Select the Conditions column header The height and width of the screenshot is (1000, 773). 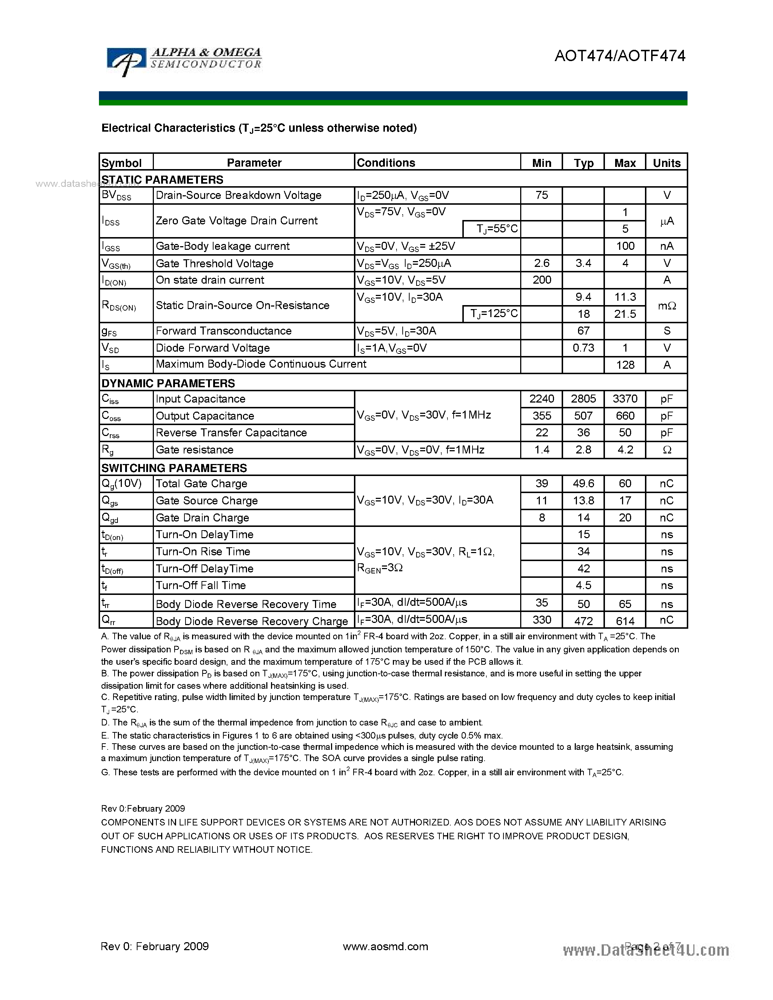[386, 163]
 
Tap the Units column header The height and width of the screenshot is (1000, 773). [666, 163]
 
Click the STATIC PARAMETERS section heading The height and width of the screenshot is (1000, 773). [162, 180]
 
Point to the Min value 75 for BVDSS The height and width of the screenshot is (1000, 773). [541, 195]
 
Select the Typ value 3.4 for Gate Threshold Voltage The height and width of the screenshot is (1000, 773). [583, 263]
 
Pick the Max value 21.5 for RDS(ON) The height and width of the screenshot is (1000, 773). [625, 314]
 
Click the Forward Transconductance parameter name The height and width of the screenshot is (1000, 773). [223, 331]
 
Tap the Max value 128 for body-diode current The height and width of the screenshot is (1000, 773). [625, 365]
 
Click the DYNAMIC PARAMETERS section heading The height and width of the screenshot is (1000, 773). [168, 383]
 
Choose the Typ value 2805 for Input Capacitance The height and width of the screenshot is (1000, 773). [583, 399]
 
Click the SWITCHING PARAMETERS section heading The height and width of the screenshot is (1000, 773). [174, 468]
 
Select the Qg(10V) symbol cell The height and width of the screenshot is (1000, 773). [122, 484]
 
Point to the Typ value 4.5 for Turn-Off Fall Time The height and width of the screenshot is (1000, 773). [583, 585]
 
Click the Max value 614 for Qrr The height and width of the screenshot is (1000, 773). [625, 621]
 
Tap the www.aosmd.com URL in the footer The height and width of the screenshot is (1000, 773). [385, 947]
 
